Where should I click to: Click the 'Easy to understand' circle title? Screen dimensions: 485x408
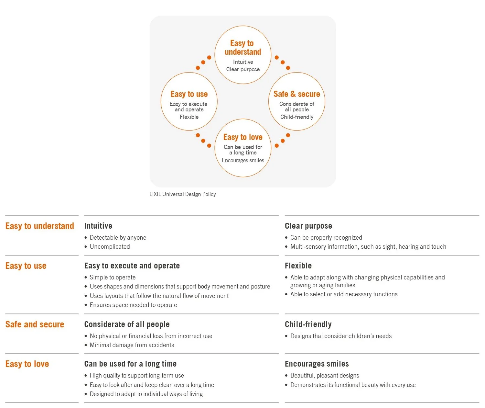(x=242, y=48)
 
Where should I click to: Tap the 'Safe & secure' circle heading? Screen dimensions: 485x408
(x=296, y=94)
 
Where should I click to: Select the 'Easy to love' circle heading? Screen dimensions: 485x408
(x=242, y=137)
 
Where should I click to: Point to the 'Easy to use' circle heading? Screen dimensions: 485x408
(x=189, y=94)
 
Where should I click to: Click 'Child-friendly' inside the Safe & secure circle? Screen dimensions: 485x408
(x=296, y=117)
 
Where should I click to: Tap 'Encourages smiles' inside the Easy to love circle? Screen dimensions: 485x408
(x=243, y=160)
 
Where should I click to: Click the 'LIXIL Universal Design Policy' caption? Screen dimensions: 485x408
(x=183, y=194)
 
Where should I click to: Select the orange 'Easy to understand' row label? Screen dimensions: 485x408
(x=40, y=226)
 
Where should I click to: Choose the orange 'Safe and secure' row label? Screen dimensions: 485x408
(x=35, y=324)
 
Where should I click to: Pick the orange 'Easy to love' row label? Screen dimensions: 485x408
(x=27, y=364)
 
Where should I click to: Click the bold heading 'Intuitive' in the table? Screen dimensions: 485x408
(x=98, y=226)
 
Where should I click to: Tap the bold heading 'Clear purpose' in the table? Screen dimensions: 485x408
(x=308, y=226)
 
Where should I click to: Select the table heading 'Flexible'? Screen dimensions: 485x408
(x=298, y=266)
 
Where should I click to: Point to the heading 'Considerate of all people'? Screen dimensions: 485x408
(x=127, y=324)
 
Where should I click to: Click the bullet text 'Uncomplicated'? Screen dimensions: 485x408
(x=110, y=247)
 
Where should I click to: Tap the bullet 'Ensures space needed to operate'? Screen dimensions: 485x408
(x=133, y=305)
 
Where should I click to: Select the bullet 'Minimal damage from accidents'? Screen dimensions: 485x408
(x=132, y=345)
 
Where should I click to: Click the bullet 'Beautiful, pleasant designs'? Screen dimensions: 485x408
(x=325, y=376)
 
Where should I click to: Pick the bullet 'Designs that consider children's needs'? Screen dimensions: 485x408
(x=341, y=336)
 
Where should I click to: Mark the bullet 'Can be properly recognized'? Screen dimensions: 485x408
(x=326, y=238)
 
